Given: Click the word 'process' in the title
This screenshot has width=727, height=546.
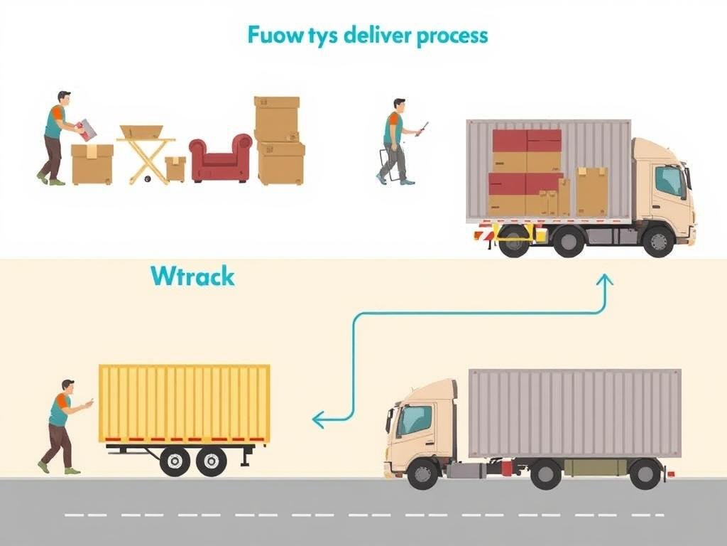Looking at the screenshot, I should click(x=452, y=36).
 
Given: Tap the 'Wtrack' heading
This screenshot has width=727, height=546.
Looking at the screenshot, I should click(x=192, y=276).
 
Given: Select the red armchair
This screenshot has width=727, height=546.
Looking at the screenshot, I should click(x=221, y=159).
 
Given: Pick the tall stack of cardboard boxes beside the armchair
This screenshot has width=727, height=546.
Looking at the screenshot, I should click(x=279, y=141).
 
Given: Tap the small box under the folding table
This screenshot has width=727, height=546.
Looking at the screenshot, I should click(x=175, y=168).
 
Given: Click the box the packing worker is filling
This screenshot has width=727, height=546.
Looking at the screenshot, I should click(x=92, y=164).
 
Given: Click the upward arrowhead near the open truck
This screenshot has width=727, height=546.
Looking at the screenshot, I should click(x=605, y=280).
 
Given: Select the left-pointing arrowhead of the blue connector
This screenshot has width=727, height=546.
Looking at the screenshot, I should click(x=318, y=421).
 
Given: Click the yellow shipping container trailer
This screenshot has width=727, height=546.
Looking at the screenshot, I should click(x=185, y=403).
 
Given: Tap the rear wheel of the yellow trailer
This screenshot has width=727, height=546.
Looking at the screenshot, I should click(x=211, y=461).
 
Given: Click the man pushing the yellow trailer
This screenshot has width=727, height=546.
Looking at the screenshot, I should click(x=62, y=427).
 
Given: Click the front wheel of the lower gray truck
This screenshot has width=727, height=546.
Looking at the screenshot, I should click(x=423, y=473).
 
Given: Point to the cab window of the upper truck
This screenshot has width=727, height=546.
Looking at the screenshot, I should click(x=669, y=181).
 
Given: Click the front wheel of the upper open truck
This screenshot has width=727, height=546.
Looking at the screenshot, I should click(x=658, y=241).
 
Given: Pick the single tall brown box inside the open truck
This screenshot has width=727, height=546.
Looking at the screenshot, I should click(x=591, y=191).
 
